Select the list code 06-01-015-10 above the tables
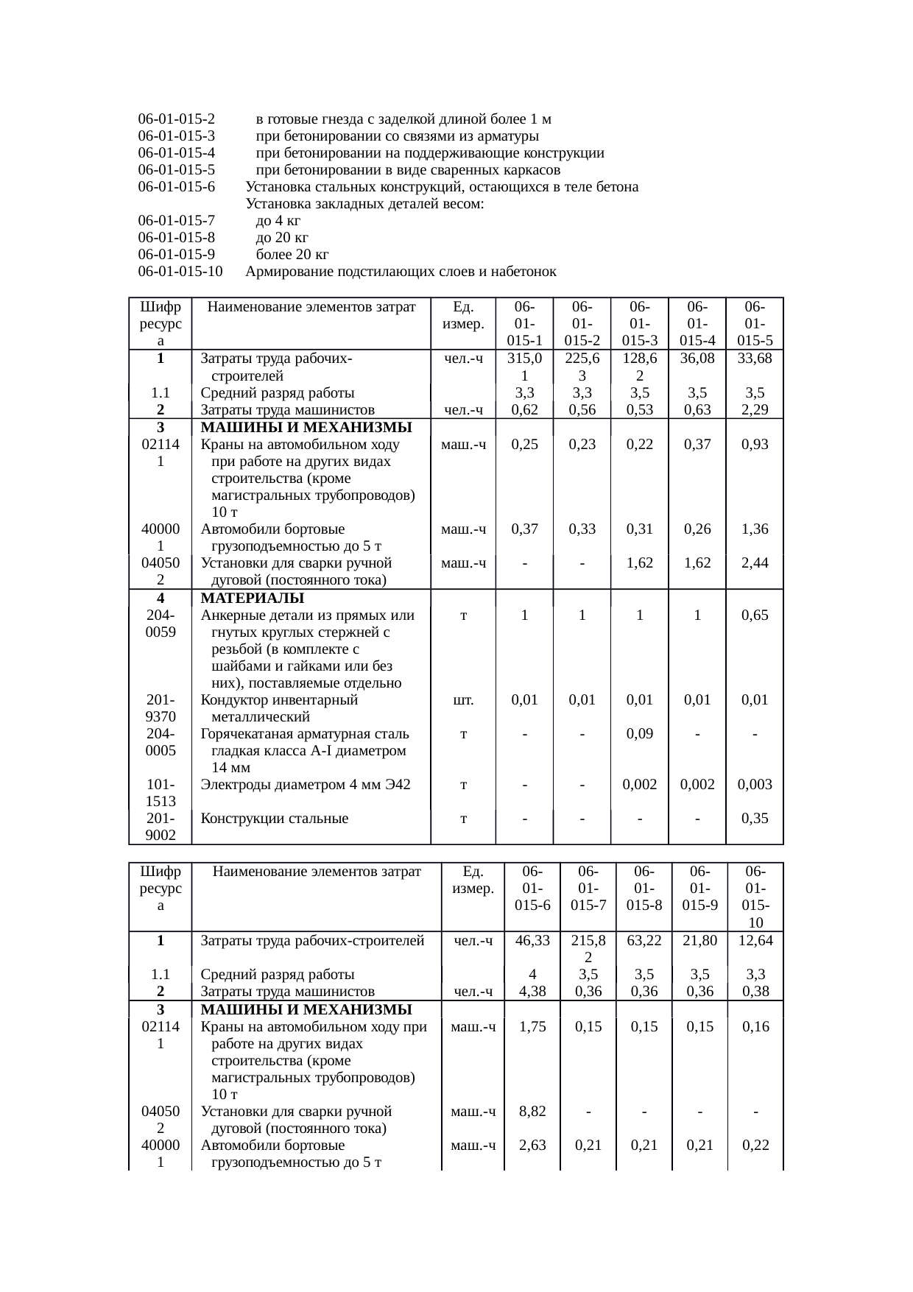coord(180,272)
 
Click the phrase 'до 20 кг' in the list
coord(281,238)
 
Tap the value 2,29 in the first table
coord(755,410)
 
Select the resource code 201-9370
coord(161,708)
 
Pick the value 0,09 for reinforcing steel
coord(640,734)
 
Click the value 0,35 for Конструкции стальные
coord(755,819)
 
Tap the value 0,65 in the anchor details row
coord(755,615)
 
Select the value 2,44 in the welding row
coord(755,563)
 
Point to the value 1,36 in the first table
coord(755,529)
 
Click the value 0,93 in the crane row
coord(755,445)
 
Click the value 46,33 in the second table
coord(532,940)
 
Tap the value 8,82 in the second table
coord(532,1112)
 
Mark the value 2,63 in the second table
coord(532,1145)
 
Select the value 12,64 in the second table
coord(755,940)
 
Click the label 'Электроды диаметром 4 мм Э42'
coord(306,785)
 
